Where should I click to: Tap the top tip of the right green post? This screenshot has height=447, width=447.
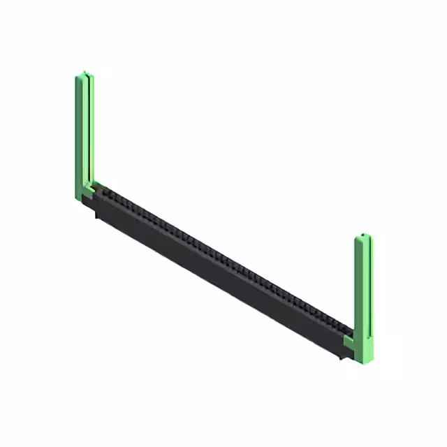point(363,237)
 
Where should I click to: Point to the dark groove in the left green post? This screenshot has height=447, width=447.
point(86,133)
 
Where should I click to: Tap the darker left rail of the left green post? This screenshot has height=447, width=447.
point(78,133)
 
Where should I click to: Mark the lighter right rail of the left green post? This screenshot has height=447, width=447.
point(91,133)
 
